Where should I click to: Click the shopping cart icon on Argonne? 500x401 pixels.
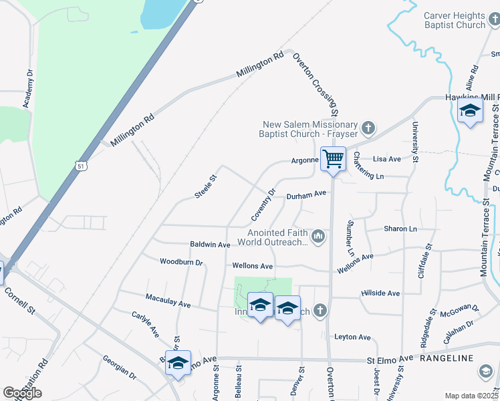(x=333, y=159)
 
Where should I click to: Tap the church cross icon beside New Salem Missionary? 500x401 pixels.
(x=368, y=127)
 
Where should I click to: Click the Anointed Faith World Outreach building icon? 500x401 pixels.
(x=319, y=236)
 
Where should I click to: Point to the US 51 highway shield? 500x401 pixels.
(x=81, y=165)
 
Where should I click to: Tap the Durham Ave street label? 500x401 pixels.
(x=306, y=194)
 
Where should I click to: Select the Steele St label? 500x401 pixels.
(x=206, y=186)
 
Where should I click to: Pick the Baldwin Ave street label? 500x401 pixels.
(x=210, y=245)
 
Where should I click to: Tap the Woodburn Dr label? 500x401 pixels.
(x=181, y=261)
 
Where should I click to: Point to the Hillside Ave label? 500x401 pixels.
(x=380, y=293)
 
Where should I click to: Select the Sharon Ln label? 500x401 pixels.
(x=400, y=229)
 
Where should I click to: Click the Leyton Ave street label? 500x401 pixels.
(x=352, y=338)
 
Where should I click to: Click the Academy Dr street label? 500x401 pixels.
(x=27, y=88)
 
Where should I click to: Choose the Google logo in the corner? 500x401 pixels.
(x=22, y=393)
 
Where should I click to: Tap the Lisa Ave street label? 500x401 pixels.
(x=386, y=159)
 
